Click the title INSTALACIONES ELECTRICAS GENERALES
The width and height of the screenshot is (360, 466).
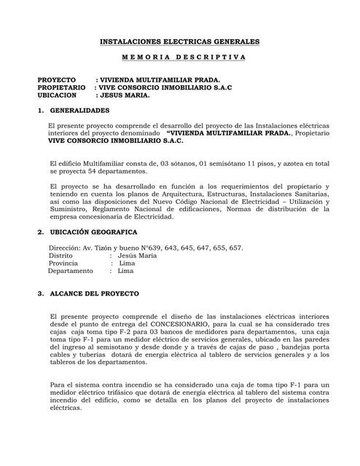click(x=179, y=44)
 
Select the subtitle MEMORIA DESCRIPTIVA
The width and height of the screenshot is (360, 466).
click(x=179, y=58)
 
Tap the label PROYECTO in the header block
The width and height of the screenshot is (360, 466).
click(x=57, y=79)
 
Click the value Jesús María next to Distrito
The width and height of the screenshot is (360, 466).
click(x=138, y=256)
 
